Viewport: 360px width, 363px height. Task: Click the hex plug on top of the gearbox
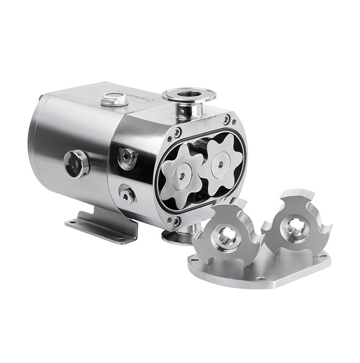(x=112, y=100)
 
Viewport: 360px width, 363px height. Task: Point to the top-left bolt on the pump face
(x=177, y=132)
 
